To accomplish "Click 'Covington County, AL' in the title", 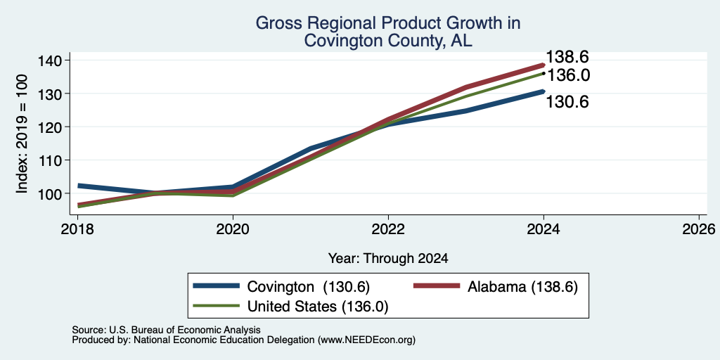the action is click(x=388, y=41).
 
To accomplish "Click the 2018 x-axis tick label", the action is click(x=77, y=229).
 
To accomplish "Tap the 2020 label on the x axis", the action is click(x=233, y=229).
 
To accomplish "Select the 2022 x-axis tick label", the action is click(x=388, y=229).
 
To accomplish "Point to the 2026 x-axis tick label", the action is click(x=699, y=229).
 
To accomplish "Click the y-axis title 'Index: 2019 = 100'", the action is click(x=22, y=134).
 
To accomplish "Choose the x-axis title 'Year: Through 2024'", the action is click(x=388, y=259).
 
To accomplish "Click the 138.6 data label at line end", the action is click(x=567, y=58).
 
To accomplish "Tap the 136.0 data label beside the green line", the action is click(x=568, y=75).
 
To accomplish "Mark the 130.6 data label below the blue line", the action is click(x=567, y=102).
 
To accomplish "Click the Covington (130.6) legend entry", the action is click(x=281, y=287).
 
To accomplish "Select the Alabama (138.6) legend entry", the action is click(x=496, y=287).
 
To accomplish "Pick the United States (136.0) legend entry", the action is click(x=290, y=307).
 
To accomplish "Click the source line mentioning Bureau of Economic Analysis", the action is click(x=166, y=330).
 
